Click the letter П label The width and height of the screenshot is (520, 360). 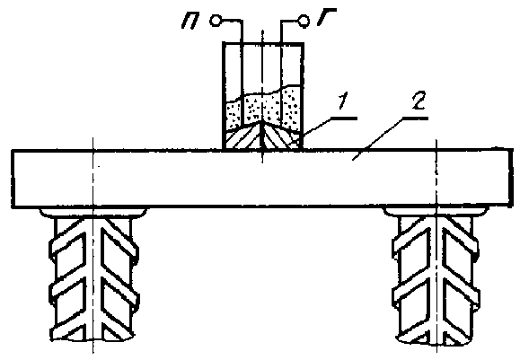190,22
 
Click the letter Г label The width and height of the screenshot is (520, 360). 326,16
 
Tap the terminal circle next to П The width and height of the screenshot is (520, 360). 215,21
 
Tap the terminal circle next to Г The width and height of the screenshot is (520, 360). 304,22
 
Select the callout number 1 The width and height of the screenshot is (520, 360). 342,101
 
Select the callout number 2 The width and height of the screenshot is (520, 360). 418,101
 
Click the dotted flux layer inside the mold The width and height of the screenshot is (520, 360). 262,108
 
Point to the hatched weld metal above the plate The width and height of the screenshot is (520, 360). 262,137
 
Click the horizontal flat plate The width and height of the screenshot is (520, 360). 261,179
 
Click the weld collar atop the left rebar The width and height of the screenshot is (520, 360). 93,212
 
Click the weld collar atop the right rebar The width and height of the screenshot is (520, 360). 436,212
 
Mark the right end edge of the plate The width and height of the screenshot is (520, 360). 510,179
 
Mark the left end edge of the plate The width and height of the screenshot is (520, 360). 13,179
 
